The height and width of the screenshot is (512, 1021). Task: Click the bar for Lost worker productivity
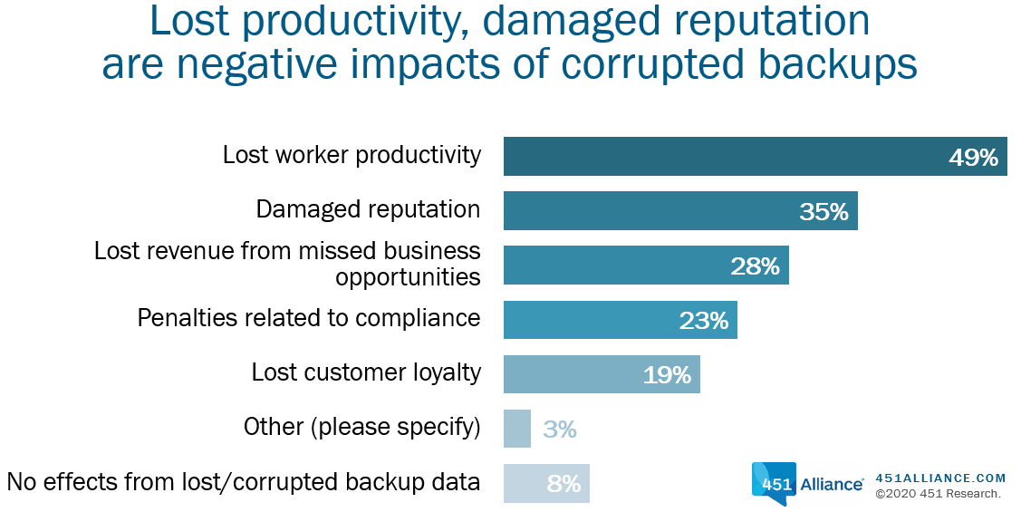tap(756, 157)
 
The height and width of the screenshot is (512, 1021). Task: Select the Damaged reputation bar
tap(680, 210)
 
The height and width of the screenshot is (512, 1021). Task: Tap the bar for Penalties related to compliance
tap(620, 320)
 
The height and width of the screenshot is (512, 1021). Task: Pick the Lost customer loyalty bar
tap(602, 374)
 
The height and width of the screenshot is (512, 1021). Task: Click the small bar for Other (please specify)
tap(517, 429)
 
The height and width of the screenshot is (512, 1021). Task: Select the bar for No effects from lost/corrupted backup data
tap(546, 483)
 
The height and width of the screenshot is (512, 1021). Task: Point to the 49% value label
tap(974, 158)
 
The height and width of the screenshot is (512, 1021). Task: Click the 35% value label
tap(824, 212)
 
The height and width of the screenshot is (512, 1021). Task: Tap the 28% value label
tap(756, 266)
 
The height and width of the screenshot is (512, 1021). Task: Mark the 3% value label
tap(560, 430)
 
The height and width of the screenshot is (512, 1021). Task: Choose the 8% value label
tap(563, 484)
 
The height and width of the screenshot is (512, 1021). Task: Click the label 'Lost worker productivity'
tap(352, 156)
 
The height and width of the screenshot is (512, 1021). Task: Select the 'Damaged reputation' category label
tap(368, 209)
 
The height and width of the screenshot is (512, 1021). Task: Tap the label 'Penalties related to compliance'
tap(309, 319)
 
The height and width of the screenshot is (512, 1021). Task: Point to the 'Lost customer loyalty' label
tap(366, 372)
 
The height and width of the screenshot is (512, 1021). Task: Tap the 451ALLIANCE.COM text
tap(941, 478)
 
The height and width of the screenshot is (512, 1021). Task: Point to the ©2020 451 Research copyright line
tap(938, 495)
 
